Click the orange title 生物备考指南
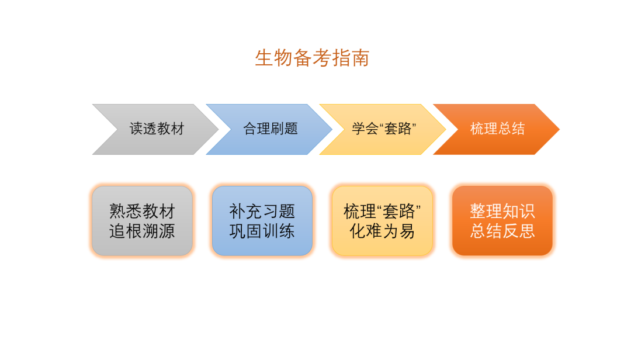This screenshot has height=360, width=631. (312, 58)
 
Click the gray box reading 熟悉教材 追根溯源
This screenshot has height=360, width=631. (142, 221)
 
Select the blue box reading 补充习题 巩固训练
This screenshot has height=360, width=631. (262, 221)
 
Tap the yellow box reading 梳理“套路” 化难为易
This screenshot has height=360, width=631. (382, 221)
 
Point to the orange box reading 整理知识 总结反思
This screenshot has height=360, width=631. (502, 221)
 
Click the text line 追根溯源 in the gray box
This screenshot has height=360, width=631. (142, 231)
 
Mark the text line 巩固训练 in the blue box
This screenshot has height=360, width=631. (262, 231)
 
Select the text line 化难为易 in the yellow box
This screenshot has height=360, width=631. (382, 231)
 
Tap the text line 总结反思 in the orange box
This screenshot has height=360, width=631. (502, 231)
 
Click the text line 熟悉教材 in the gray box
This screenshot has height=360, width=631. (142, 211)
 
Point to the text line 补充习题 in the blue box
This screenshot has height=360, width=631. (262, 211)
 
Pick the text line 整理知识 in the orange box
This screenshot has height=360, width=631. (502, 211)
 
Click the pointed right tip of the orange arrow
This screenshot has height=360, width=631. (559, 129)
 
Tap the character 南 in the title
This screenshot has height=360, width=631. (360, 58)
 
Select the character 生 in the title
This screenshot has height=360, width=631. (264, 58)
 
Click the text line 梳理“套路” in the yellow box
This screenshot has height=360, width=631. (382, 211)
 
